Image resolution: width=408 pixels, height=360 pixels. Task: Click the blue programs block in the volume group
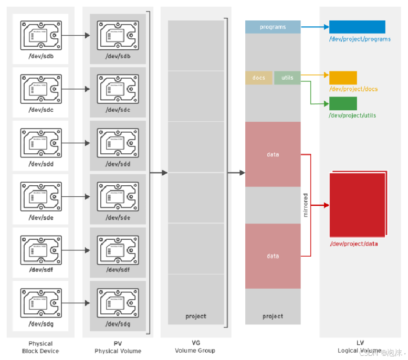[273, 27]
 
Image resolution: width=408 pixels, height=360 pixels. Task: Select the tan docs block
[259, 78]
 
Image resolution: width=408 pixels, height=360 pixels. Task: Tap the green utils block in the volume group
[287, 78]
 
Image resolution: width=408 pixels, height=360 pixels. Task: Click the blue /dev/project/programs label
[360, 39]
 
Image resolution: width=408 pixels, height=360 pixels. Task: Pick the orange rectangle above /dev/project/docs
[343, 78]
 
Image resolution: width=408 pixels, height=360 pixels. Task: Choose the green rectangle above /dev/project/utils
[343, 103]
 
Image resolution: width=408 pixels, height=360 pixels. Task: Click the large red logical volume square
[357, 205]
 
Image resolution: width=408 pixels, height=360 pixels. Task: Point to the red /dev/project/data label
[353, 243]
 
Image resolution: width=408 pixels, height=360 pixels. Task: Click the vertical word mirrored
[306, 205]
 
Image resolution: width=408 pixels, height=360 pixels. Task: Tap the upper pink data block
[273, 154]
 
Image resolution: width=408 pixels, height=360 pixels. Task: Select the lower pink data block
[273, 256]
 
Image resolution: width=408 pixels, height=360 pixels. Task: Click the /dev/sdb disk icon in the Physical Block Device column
[40, 35]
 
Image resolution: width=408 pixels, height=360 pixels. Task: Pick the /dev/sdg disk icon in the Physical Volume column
[118, 302]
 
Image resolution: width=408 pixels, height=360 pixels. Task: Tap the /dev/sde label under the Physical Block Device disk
[40, 217]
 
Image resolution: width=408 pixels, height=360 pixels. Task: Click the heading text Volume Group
[195, 351]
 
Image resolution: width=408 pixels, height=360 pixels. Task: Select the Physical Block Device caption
[40, 347]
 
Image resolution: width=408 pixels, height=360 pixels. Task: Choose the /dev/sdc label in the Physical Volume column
[118, 110]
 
